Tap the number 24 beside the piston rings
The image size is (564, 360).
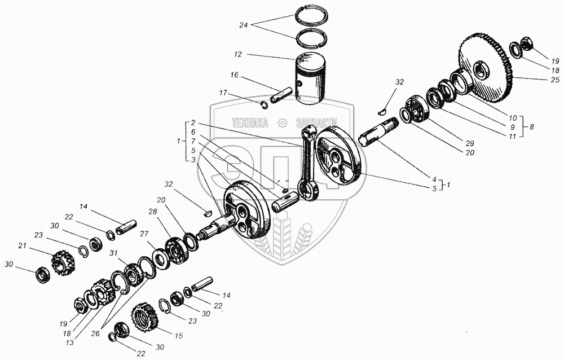(x=244, y=25)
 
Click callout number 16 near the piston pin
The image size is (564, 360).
(x=235, y=74)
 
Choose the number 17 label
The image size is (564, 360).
(x=223, y=93)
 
